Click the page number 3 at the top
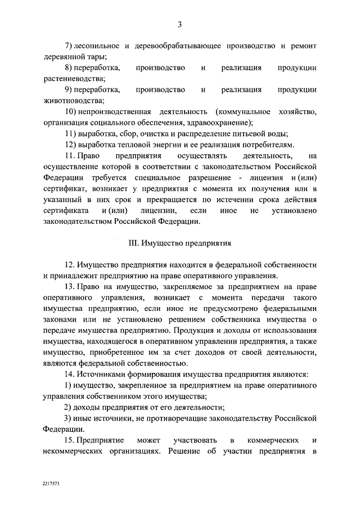(179, 24)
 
